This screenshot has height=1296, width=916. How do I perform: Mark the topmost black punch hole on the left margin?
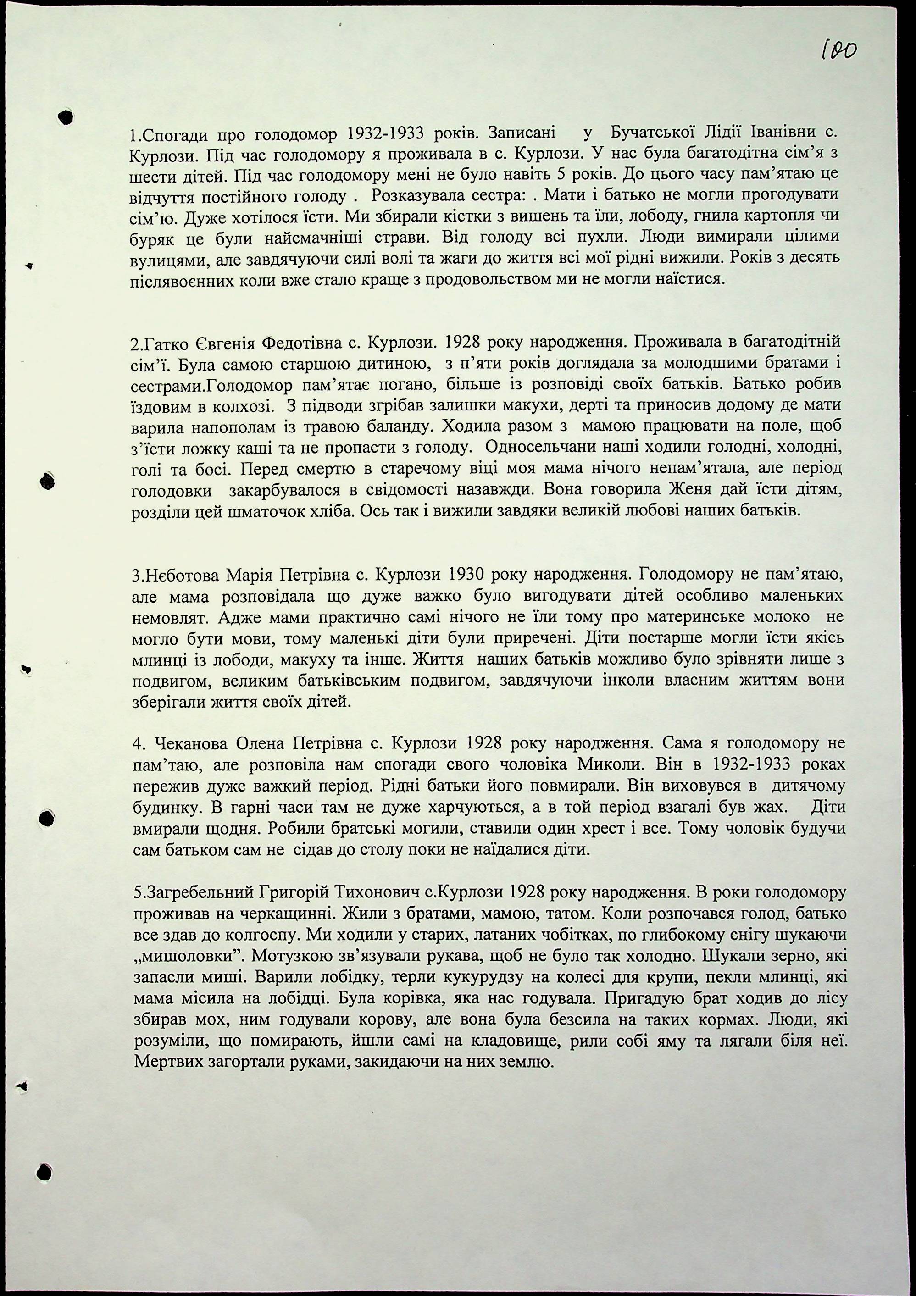click(66, 117)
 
